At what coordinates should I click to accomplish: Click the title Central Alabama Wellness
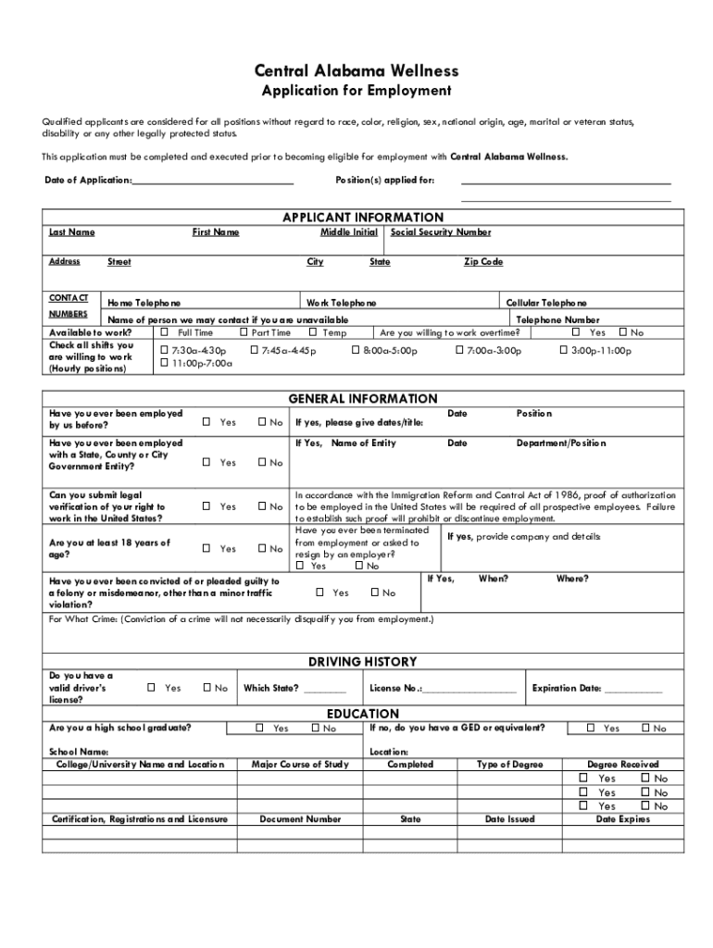point(356,71)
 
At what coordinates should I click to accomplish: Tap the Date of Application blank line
point(213,181)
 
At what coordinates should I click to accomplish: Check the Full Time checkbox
point(165,332)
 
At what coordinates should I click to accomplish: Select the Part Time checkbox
point(244,332)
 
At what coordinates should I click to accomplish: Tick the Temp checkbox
point(313,332)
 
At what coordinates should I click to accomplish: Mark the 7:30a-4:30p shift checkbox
point(165,351)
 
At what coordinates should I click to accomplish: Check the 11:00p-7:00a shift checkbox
point(165,364)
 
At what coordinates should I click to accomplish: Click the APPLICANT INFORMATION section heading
point(356,218)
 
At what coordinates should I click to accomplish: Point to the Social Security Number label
point(441,232)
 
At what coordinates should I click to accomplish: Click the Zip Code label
point(483,262)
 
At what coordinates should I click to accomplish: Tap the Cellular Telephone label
point(546,304)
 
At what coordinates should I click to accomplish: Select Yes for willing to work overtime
point(576,332)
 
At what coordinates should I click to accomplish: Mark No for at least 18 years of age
point(262,549)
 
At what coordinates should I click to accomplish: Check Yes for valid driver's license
point(152,688)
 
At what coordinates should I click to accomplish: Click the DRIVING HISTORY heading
point(362,662)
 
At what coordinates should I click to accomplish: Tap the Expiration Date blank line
point(634,691)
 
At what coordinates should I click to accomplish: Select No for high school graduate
point(315,729)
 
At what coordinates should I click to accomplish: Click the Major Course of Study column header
point(300,765)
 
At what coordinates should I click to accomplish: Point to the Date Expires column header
point(622,819)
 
